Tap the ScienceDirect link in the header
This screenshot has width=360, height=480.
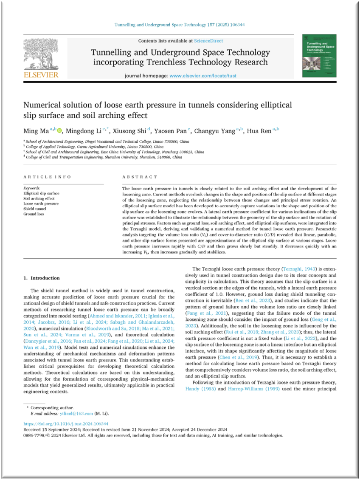coord(208,41)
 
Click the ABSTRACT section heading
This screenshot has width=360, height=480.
coord(139,177)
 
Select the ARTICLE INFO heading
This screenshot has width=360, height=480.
coord(47,177)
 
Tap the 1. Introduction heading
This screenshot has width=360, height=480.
coord(42,278)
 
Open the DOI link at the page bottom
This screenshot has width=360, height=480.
coord(66,424)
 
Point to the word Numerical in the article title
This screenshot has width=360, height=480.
coord(42,105)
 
